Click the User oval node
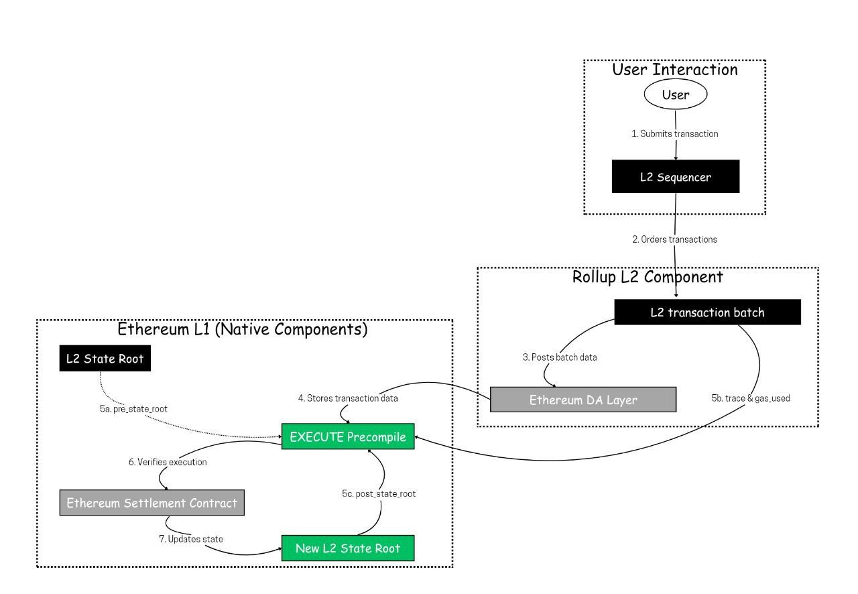coord(675,95)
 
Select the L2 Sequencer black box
coord(675,177)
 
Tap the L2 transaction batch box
coord(707,312)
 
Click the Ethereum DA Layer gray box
coord(583,400)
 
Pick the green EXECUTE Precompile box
coord(348,437)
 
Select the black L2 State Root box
coord(105,359)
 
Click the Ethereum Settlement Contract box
coord(151,503)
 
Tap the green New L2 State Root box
coord(348,548)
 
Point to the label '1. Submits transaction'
coord(675,133)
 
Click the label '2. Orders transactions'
coord(674,239)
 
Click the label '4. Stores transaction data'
coord(348,398)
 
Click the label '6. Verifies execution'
coord(167,462)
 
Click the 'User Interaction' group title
coord(675,70)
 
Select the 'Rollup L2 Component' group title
coord(648,276)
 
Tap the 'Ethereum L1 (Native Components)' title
coord(243,329)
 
